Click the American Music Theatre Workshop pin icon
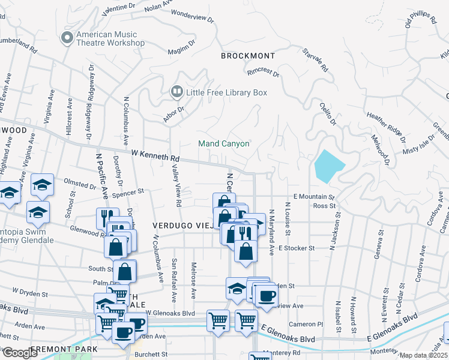tap(67, 38)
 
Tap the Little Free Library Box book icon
tap(176, 92)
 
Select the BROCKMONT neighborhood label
tap(247, 56)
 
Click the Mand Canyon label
tap(224, 144)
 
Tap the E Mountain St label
tap(313, 197)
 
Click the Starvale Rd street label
tap(315, 61)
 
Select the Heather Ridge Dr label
tap(385, 124)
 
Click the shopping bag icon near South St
tap(124, 271)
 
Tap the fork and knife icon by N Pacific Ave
tap(107, 218)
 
